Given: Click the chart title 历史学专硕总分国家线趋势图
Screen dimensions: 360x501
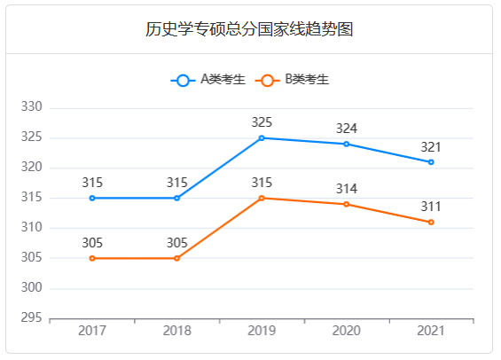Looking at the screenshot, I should pos(250,29).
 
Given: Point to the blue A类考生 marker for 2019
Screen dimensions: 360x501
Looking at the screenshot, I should pos(262,138).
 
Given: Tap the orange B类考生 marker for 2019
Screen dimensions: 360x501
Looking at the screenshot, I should pos(262,199).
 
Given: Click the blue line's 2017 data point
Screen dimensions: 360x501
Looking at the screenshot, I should pos(92,198).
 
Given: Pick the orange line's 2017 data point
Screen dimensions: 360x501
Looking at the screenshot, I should pos(92,258).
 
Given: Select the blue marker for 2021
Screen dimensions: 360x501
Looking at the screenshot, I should pos(431,162).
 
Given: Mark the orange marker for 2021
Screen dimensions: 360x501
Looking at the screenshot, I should pos(431,223).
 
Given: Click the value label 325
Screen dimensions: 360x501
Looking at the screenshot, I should pos(262,122).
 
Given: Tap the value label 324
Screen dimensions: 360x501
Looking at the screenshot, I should pos(346,129).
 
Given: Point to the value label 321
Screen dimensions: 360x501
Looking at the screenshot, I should pos(431,146).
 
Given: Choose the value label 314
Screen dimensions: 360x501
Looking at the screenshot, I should pos(346,189).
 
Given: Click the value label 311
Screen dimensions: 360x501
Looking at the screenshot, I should pos(431,207).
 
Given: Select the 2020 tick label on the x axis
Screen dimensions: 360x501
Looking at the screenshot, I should pos(346,331).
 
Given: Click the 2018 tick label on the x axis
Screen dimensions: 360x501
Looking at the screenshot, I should pos(176,331).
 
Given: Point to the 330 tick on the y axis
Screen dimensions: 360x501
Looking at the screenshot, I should pos(32,107).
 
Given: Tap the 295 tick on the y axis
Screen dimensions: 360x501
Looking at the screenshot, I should pos(32,317).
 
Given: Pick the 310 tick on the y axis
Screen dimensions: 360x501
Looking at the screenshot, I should pos(32,228).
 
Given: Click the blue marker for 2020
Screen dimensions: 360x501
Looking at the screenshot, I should pos(346,144).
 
